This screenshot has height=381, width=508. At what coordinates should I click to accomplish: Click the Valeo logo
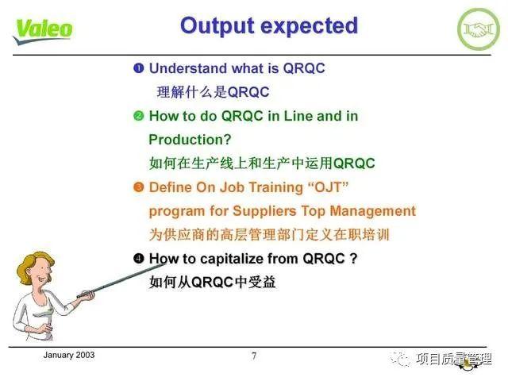(x=44, y=29)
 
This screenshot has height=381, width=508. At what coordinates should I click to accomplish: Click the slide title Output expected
(x=268, y=25)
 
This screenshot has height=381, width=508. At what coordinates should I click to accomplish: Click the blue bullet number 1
(x=138, y=68)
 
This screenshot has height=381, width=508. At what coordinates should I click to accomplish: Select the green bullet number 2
(x=138, y=116)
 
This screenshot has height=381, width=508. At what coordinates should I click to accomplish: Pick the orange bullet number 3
(x=138, y=187)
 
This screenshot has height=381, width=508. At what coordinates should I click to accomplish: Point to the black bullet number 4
(x=138, y=259)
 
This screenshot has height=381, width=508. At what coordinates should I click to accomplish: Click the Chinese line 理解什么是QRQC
(x=213, y=91)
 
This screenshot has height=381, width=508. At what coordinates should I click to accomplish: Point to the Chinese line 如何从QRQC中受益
(x=212, y=282)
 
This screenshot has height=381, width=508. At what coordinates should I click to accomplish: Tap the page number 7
(x=254, y=356)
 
